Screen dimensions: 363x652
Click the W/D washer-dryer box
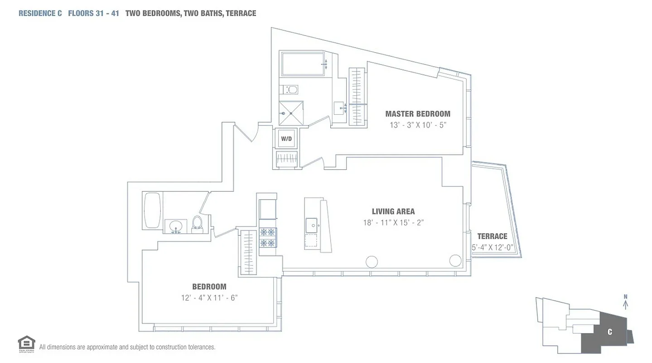coord(286,139)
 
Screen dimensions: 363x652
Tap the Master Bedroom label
coord(417,114)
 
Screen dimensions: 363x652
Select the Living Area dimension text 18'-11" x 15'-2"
coord(393,222)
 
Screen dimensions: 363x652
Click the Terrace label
coord(492,236)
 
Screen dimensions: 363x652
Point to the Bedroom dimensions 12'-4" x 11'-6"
coord(209,298)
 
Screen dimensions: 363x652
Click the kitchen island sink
coord(311,224)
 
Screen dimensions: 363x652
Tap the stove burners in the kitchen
coord(267,237)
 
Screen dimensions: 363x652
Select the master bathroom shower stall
coord(291,113)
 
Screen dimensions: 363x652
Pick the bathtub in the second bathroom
coord(152,211)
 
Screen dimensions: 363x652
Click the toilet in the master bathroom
coord(292,89)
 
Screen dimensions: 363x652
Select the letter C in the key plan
coord(609,332)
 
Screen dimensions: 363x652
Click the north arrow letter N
coord(625,297)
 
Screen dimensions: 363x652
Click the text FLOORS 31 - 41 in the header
coord(93,13)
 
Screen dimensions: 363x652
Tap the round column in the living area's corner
coord(455,260)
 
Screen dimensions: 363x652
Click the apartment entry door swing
coord(247,133)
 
